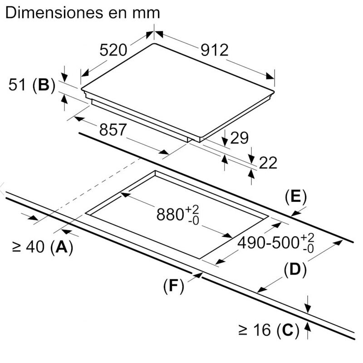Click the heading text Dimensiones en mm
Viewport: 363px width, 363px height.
(83, 13)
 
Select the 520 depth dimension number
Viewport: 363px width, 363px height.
(113, 50)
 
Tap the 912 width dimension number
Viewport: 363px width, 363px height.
(215, 50)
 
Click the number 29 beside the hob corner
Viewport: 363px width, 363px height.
(240, 138)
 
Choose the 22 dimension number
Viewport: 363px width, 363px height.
(268, 163)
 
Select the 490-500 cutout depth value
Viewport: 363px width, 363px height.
(269, 243)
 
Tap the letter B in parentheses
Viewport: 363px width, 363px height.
(44, 85)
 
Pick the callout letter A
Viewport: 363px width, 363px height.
(62, 246)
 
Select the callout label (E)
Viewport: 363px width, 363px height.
(296, 197)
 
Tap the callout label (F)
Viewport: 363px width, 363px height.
(174, 286)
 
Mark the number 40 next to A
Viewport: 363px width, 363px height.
(35, 246)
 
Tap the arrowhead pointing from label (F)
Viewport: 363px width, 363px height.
(198, 275)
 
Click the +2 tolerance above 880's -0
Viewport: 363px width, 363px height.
(192, 210)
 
